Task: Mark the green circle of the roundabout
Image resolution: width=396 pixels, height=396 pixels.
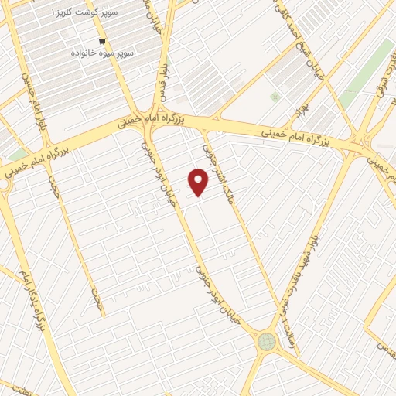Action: pos(267,340)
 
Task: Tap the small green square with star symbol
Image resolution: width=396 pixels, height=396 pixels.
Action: pos(274,97)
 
